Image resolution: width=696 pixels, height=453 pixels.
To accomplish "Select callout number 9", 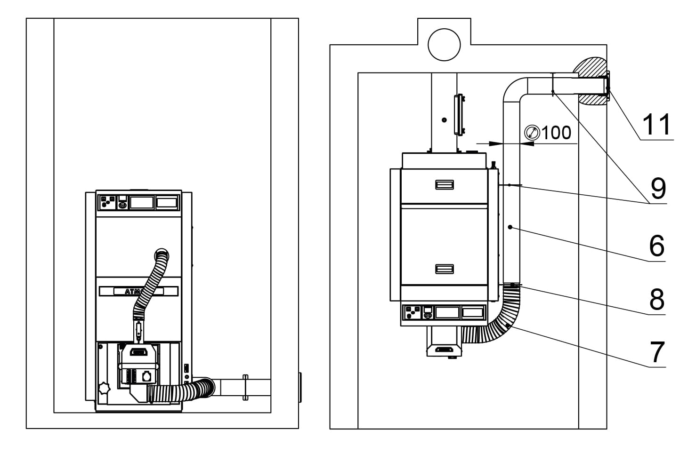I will [658, 188].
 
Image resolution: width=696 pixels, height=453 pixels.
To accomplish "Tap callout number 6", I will [656, 246].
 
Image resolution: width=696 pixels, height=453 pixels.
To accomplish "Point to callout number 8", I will [656, 299].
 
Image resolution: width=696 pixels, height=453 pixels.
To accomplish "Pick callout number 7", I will [656, 352].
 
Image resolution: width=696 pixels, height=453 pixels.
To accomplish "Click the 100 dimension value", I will [556, 133].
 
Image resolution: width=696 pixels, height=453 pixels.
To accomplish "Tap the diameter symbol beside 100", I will [532, 133].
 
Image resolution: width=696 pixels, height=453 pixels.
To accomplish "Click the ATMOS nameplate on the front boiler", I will [138, 292].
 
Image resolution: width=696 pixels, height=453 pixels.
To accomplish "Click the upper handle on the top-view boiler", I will [444, 184].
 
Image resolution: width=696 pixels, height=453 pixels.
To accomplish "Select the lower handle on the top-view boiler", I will [444, 269].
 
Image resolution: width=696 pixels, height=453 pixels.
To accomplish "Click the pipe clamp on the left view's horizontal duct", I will [245, 387].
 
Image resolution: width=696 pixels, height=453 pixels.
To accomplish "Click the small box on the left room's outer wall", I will [300, 387].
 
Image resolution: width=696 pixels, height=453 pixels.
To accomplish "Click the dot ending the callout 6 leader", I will [510, 227].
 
